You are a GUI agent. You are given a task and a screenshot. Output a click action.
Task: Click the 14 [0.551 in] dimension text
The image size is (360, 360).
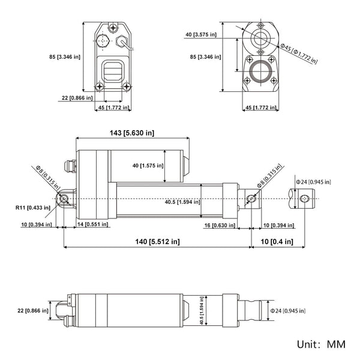(92, 224)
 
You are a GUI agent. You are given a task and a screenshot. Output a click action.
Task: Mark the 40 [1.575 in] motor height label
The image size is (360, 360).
(143, 165)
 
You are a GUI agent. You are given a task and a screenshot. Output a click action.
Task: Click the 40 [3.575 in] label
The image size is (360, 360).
(205, 35)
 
